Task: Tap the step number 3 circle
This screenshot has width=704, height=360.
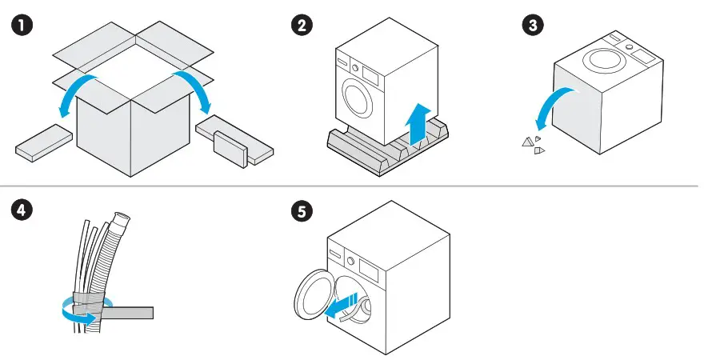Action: tap(531, 26)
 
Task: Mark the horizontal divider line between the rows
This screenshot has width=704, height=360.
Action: tap(352, 186)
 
